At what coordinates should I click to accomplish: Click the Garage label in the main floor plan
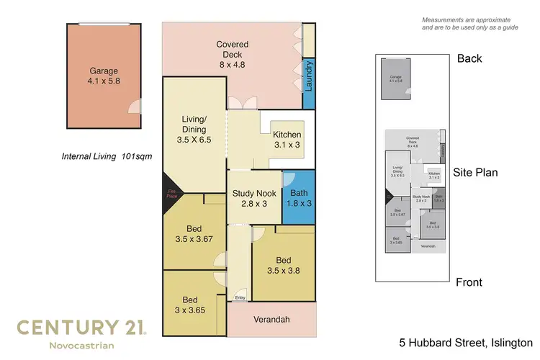[103, 77]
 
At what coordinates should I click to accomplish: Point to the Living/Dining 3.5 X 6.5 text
[194, 129]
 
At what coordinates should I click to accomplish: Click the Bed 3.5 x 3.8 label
[283, 266]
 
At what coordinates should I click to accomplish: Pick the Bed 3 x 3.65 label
[189, 305]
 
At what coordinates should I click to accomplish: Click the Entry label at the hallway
[239, 297]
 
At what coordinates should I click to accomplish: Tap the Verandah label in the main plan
[271, 319]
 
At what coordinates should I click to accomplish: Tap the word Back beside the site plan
[469, 58]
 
